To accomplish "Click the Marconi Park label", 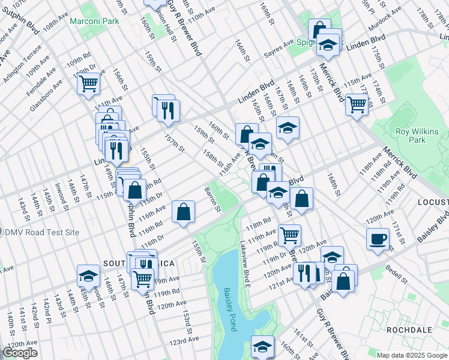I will (x=94, y=21).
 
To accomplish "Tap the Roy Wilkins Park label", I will (x=417, y=136).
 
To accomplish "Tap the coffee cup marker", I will (x=378, y=239).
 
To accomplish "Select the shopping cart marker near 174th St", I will (x=357, y=104).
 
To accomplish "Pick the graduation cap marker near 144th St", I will (x=88, y=275).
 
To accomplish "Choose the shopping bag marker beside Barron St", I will (x=183, y=211).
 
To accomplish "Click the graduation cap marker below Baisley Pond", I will (x=262, y=346).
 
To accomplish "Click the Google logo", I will (x=20, y=352).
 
